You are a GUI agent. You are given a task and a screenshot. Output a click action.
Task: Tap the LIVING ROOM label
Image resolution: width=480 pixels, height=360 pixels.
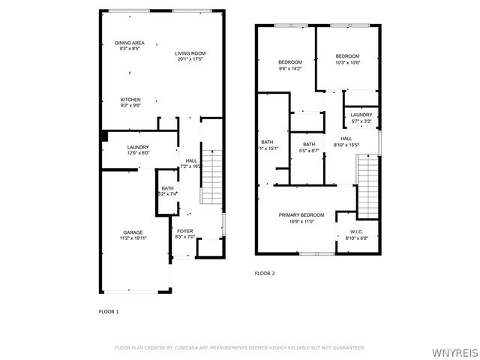pos(190,53)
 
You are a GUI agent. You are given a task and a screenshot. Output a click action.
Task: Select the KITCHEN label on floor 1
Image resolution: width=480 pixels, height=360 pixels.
pos(131,99)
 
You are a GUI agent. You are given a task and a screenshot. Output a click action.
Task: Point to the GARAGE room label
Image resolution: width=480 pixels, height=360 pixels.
pos(133,232)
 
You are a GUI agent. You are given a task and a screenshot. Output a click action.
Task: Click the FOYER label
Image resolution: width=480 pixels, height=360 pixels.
pos(184,232)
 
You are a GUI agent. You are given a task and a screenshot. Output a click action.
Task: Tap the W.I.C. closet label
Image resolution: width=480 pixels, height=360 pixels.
pos(357,232)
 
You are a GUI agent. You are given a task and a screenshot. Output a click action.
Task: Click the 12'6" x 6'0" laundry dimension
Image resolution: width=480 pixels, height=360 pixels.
pos(138,153)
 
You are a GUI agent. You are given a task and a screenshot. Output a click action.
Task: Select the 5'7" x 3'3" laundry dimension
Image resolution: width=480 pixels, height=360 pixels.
pos(361,121)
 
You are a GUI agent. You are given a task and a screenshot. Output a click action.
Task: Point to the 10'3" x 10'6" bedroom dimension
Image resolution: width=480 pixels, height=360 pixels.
pos(347,63)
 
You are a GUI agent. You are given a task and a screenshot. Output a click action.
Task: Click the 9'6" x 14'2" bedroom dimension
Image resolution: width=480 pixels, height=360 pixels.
pos(289,68)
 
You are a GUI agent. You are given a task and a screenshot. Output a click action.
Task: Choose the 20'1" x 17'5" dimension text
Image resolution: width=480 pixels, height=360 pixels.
pos(190,59)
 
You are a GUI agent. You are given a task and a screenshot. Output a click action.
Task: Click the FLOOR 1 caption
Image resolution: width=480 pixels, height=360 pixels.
pos(109,310)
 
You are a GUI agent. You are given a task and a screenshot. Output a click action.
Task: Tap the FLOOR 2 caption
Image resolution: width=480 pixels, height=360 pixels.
pos(265,273)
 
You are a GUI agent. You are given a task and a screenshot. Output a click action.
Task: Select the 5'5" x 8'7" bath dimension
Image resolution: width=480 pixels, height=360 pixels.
pos(308,151)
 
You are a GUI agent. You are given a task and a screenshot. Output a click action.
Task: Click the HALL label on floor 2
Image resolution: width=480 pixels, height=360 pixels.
pos(346,139)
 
